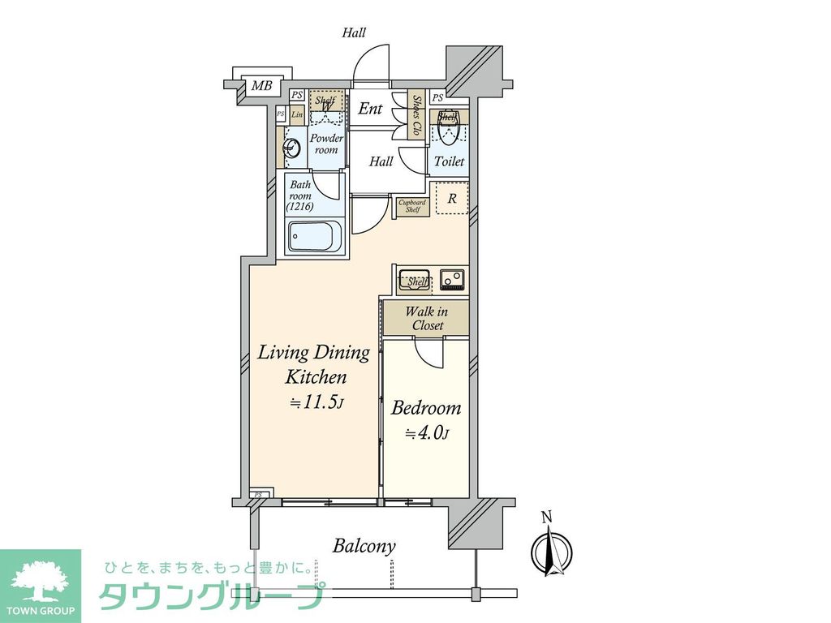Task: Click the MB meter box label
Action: (x=260, y=86)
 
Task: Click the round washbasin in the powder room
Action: (x=290, y=148)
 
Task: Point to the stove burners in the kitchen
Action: (x=452, y=279)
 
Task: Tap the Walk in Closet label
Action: (x=426, y=318)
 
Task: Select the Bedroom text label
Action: (x=426, y=407)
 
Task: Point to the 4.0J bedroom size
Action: (x=427, y=433)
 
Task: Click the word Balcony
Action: (x=364, y=546)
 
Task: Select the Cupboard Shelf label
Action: (x=412, y=206)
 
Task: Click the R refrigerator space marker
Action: (x=452, y=198)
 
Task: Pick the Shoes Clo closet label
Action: (x=417, y=114)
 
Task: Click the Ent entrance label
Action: (x=371, y=108)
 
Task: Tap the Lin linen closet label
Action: (x=296, y=114)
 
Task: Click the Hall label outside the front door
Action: (x=354, y=33)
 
